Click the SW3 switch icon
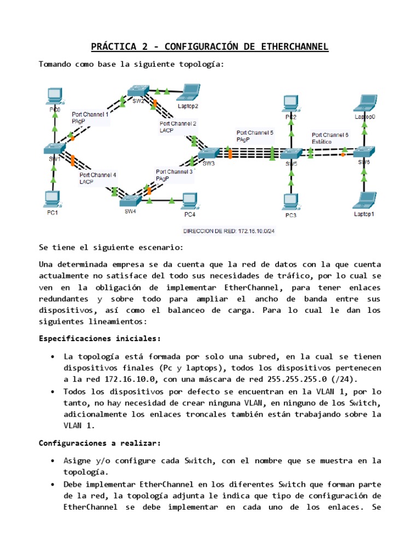pyautogui.click(x=209, y=153)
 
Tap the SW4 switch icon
pyautogui.click(x=130, y=200)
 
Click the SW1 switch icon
pyautogui.click(x=55, y=148)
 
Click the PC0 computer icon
pyautogui.click(x=54, y=97)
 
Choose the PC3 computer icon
pyautogui.click(x=290, y=203)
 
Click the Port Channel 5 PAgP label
pyautogui.click(x=255, y=136)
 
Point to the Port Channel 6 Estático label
pyautogui.click(x=330, y=138)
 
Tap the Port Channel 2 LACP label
pyautogui.click(x=178, y=127)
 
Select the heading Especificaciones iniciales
pyautogui.click(x=100, y=338)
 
